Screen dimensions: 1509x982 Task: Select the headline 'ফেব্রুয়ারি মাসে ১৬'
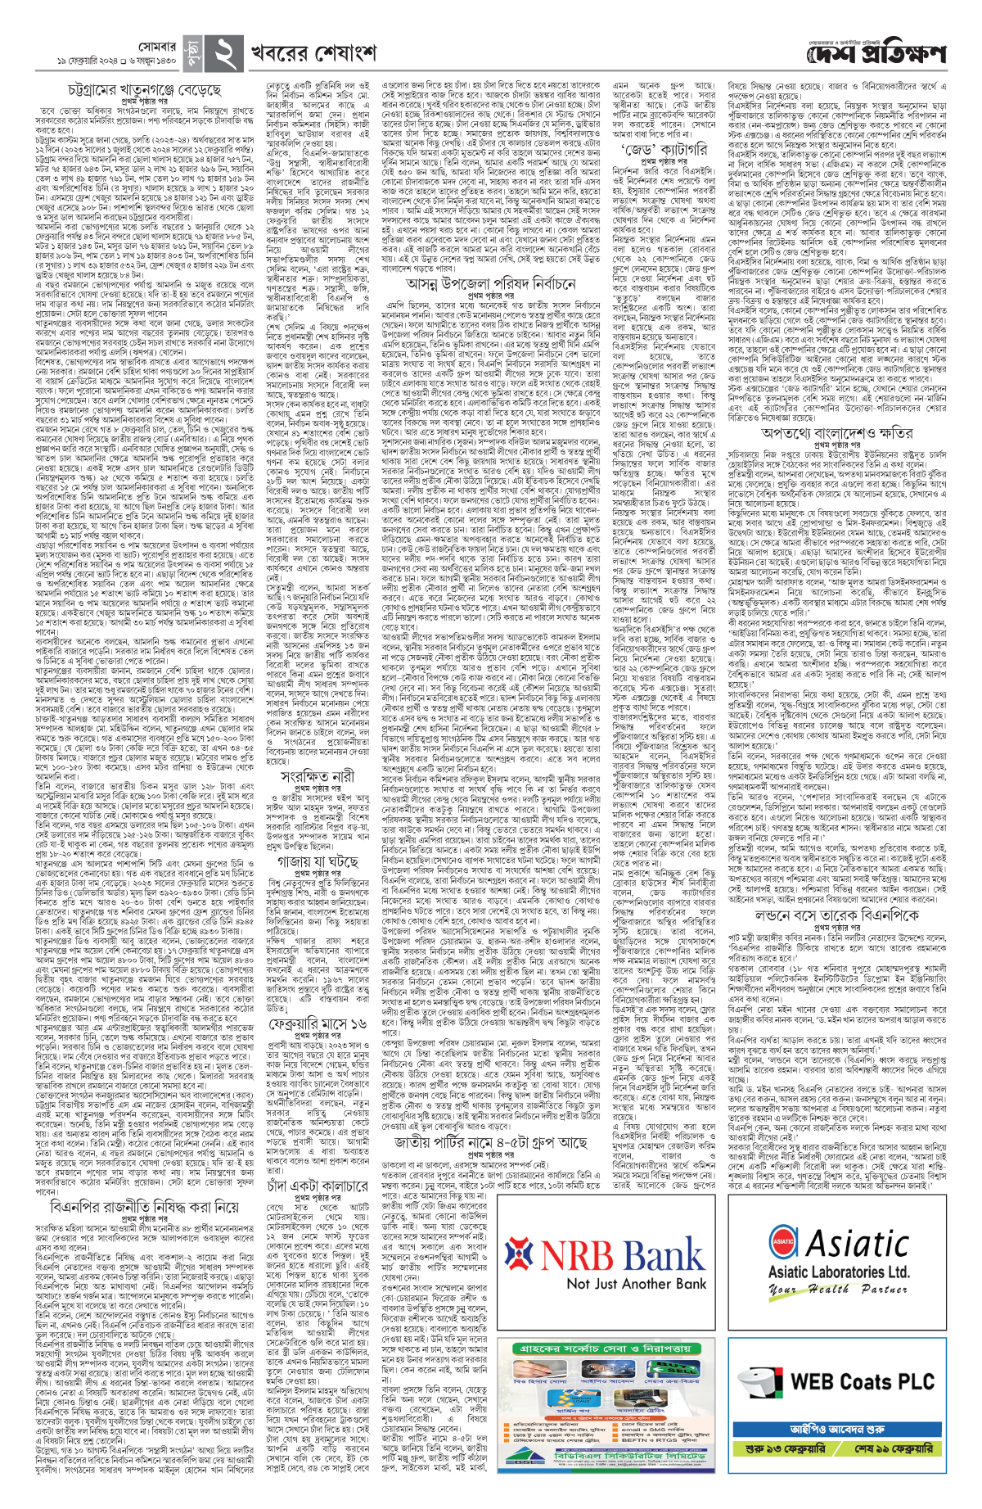click(x=317, y=1023)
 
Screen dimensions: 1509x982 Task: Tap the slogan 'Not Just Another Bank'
click(x=637, y=1283)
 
